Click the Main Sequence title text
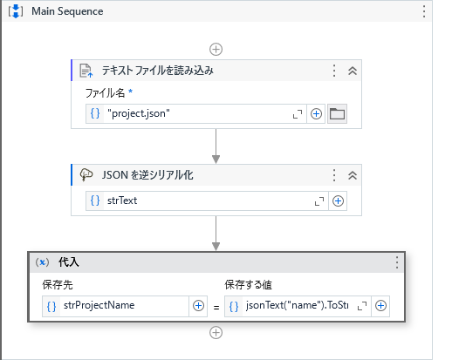coord(67,11)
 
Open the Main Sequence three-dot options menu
coord(424,11)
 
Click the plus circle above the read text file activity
coord(216,49)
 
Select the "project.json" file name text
coord(139,113)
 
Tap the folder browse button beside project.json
coord(337,113)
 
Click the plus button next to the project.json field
coord(316,113)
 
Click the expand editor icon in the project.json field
coord(298,114)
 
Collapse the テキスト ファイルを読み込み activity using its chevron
coord(353,71)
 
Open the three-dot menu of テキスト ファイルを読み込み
coord(334,71)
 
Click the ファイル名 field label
coord(105,93)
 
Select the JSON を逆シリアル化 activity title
coord(147,175)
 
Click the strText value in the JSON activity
coord(122,200)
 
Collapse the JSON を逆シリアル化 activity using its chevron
coord(353,175)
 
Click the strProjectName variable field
coord(115,306)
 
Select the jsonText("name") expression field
coord(298,306)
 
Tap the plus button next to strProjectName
coord(198,306)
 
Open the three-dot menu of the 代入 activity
coord(397,262)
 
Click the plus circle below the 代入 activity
coord(216,333)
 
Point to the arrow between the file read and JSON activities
coord(216,146)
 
